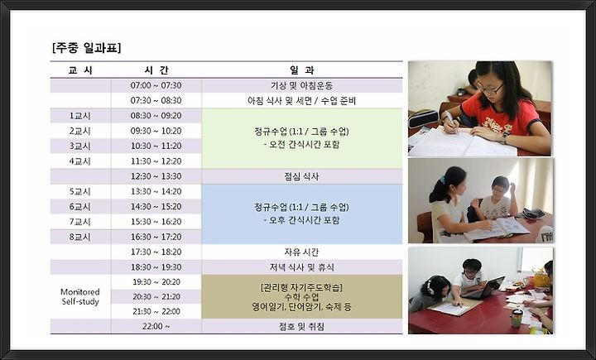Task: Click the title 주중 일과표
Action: pos(87,48)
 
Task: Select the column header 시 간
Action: pos(156,70)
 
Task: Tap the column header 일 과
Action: pos(302,70)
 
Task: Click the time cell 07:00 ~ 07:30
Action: pos(156,85)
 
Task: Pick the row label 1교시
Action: pos(79,116)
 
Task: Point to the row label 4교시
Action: pos(79,161)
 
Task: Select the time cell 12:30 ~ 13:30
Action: pos(156,176)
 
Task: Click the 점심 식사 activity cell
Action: pos(301,176)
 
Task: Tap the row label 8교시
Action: pos(79,237)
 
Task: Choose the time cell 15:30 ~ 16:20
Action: pos(156,222)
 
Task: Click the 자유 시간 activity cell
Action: pos(301,252)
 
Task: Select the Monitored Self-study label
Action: pos(80,297)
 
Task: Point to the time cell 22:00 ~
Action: pos(156,326)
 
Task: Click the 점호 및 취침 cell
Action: pos(301,327)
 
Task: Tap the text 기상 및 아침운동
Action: pos(302,85)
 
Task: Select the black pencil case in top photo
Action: pos(423,118)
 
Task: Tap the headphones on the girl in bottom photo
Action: pos(430,286)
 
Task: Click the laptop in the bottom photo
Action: pos(483,288)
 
